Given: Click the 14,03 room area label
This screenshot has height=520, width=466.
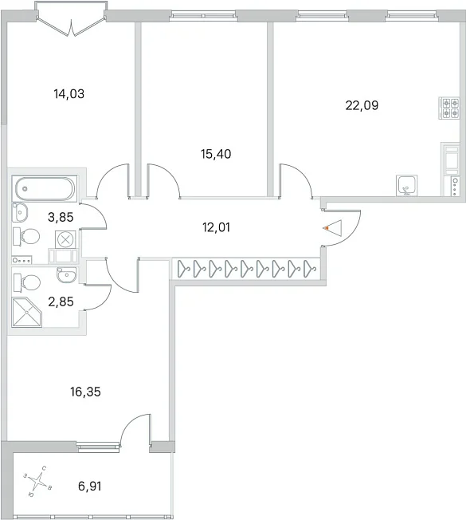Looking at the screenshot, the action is click(x=69, y=94).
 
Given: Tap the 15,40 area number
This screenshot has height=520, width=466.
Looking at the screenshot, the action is click(x=216, y=154).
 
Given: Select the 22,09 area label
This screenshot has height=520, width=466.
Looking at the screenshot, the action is click(x=362, y=105).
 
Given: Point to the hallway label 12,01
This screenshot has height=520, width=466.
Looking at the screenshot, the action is click(x=216, y=227).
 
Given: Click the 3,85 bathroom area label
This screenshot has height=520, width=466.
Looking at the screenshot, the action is click(x=61, y=217).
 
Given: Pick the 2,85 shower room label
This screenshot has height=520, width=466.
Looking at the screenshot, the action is click(x=61, y=301).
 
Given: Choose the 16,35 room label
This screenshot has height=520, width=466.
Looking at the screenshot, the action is click(x=85, y=392).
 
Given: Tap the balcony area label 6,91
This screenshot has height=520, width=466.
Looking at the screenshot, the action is click(x=90, y=487).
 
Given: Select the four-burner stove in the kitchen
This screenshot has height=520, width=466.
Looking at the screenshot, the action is click(x=449, y=108).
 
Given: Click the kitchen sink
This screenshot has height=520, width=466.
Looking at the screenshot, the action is click(x=407, y=185).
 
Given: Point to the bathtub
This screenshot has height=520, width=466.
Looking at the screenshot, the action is click(x=45, y=189).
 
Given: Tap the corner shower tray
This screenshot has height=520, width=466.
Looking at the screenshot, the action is click(x=27, y=313).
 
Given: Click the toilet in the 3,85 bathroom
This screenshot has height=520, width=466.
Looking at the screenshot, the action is click(x=26, y=236).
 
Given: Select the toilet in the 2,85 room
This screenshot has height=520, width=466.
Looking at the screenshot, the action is click(x=27, y=283).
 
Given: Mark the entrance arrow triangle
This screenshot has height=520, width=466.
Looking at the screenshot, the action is click(x=333, y=228).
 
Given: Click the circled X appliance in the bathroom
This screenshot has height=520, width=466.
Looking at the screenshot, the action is click(x=65, y=239).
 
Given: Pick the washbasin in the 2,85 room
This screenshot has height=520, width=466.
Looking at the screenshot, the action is click(x=67, y=274).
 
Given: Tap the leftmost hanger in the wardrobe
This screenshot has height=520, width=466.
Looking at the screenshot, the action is click(x=183, y=269).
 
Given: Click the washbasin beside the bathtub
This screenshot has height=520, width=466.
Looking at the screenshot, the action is click(x=20, y=212).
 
